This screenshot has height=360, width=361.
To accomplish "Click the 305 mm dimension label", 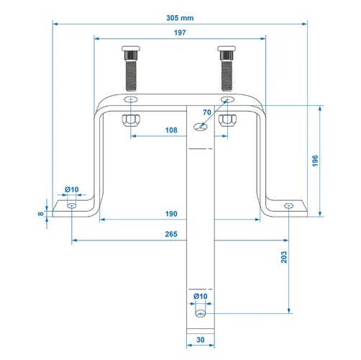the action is (x=180, y=18).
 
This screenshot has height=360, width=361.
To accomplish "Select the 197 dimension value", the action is (x=180, y=32).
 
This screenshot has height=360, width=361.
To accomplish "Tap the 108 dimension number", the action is (x=171, y=130).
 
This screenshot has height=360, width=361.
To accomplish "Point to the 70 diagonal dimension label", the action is (x=207, y=112).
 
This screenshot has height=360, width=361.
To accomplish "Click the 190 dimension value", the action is (x=171, y=214).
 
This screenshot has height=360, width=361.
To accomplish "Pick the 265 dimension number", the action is (x=171, y=234).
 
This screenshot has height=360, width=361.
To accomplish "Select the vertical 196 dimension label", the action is (x=315, y=161).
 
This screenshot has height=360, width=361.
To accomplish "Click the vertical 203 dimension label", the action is (x=284, y=257).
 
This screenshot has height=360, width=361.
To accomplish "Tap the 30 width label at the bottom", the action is (x=201, y=340).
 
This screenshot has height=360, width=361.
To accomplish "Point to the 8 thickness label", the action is (x=41, y=213).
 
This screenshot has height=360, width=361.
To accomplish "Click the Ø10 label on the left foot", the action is (x=72, y=189).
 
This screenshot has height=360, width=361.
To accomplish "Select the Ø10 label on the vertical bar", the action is (x=201, y=297).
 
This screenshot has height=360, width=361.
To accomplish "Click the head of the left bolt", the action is (x=131, y=48).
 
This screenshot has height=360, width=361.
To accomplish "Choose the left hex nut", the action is (x=131, y=120).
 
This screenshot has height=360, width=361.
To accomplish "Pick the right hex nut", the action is (x=227, y=120).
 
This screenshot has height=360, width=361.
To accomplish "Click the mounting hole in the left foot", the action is (x=72, y=206).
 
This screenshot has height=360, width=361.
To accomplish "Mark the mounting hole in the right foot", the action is (x=288, y=206).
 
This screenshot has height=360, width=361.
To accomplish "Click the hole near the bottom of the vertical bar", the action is (x=201, y=313).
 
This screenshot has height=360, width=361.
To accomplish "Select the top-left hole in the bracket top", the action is (x=131, y=99).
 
